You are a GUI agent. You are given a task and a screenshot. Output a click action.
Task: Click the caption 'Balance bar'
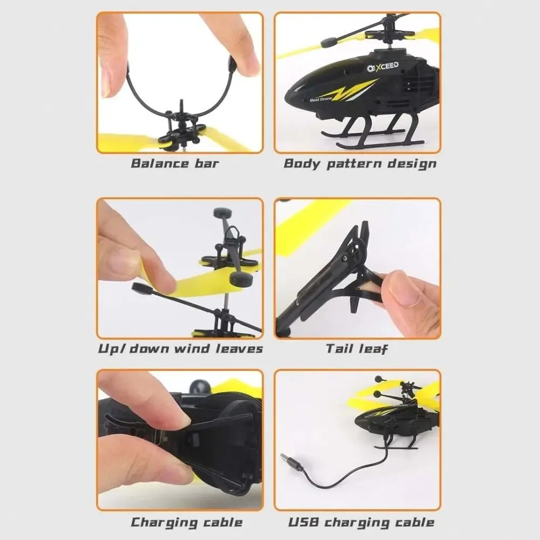pyautogui.click(x=174, y=163)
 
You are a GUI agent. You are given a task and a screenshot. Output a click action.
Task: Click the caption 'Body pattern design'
pyautogui.click(x=360, y=163)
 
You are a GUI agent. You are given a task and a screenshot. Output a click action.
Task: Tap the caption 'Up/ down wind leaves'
pyautogui.click(x=180, y=348)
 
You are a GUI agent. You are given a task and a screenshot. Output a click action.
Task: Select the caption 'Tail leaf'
pyautogui.click(x=356, y=348)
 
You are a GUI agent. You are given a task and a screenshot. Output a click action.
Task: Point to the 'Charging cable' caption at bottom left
pyautogui.click(x=186, y=522)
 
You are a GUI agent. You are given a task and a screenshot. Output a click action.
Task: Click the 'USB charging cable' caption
pyautogui.click(x=361, y=522)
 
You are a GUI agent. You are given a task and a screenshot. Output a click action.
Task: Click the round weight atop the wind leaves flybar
pyautogui.click(x=221, y=212)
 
